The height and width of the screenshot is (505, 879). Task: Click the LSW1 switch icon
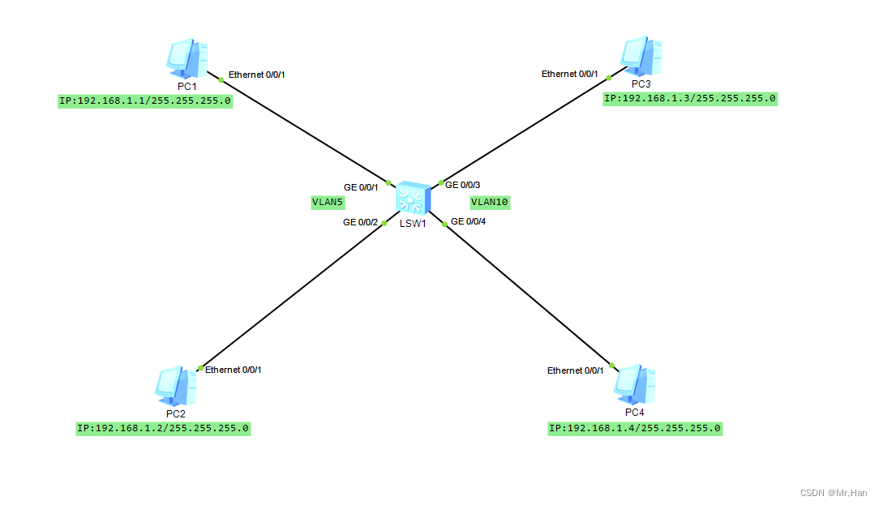click(413, 199)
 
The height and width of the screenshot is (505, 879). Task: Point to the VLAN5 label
click(328, 203)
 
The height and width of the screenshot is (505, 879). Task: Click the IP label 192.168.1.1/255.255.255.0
click(145, 102)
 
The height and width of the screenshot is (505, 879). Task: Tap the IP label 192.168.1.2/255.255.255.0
click(163, 428)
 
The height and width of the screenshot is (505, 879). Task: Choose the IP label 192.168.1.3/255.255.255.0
click(690, 99)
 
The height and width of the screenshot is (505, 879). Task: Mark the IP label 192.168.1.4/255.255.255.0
click(635, 428)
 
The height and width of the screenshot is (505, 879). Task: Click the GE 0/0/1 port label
click(361, 187)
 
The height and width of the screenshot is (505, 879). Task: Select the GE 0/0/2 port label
click(360, 221)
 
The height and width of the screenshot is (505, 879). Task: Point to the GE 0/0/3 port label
click(463, 185)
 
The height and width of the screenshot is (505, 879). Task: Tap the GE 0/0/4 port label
click(468, 221)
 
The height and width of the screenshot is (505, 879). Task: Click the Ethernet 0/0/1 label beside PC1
click(256, 75)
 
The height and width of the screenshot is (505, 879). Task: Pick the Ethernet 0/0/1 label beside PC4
click(575, 370)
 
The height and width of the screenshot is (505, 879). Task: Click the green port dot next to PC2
click(200, 368)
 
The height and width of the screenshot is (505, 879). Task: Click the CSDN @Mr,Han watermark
click(833, 493)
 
